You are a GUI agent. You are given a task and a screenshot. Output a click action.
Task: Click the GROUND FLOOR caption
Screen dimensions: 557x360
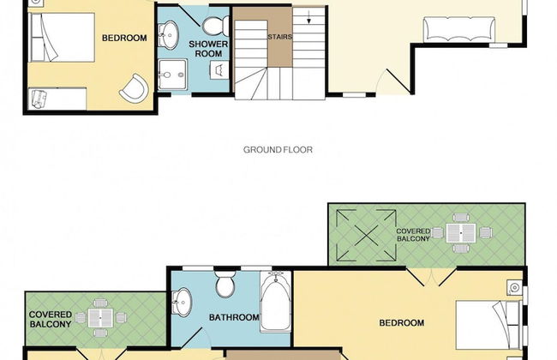coord(278,150)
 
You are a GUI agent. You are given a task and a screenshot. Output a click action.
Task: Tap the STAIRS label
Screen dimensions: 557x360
coord(280,37)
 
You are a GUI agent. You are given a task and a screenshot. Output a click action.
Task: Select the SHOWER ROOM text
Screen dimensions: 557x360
coord(208,49)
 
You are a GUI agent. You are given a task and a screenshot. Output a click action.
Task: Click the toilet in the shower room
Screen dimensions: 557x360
coord(216,26)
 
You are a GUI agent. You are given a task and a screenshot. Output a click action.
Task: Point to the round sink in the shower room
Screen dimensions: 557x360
coord(167,34)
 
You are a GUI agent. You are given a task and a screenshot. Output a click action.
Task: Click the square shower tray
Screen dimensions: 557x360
coord(172,75)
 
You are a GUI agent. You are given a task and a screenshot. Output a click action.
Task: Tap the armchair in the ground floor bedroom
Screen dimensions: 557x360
coord(135,88)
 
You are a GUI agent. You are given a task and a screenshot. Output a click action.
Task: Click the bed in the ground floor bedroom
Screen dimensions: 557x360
coord(62,38)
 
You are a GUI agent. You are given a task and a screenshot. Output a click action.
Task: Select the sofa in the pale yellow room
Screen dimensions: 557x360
coord(459,29)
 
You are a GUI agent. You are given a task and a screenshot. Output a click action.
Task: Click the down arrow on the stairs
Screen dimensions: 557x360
coord(308,17)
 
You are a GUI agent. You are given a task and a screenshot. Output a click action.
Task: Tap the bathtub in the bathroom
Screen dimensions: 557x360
coord(276,302)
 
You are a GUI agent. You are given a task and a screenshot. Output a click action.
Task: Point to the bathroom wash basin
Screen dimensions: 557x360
coord(182,302)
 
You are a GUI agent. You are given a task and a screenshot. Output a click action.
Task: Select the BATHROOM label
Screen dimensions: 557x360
coord(234,317)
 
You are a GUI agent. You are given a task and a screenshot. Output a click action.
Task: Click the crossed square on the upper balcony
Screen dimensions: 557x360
coord(366,235)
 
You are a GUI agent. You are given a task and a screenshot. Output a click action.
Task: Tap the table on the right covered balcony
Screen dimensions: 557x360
coord(461,233)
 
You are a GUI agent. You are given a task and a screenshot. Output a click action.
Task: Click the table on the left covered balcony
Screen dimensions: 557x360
coord(100,318)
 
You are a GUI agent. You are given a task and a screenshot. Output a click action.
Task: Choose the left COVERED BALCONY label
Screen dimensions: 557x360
coord(50,320)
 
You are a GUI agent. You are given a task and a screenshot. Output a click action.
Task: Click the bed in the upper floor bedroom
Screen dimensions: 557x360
coord(489,325)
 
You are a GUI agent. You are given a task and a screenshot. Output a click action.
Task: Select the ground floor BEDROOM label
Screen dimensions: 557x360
coord(124,38)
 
